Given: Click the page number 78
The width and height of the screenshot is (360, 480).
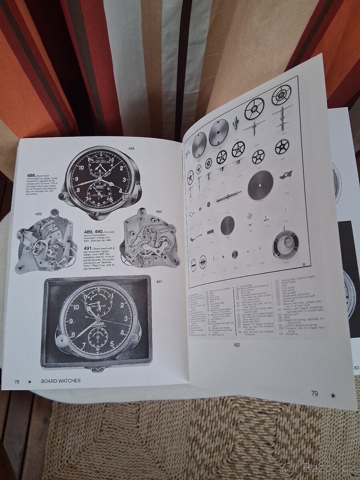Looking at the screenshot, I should point(17,381).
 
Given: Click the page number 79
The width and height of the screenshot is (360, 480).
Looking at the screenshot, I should point(315,394).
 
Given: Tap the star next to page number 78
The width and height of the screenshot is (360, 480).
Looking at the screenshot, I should point(29,381).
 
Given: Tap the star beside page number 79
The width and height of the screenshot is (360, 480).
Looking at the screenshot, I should point(333,396).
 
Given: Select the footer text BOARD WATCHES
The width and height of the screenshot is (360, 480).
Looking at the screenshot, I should point(60,381).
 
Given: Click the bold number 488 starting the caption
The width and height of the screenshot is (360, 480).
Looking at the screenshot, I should point(32,175).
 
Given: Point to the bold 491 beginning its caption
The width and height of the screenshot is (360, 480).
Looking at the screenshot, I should point(89,248).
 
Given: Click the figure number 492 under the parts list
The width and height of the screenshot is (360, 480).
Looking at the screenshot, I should point(236,345).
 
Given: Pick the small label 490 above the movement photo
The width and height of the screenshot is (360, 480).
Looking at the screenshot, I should point(159,212).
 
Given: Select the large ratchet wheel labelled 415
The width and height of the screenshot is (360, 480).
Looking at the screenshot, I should point(260,185).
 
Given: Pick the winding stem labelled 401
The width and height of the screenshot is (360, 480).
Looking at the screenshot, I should point(229,196).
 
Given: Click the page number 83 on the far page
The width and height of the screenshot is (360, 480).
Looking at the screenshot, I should point(356,368).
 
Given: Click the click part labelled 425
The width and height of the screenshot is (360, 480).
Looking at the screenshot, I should point(287,175).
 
